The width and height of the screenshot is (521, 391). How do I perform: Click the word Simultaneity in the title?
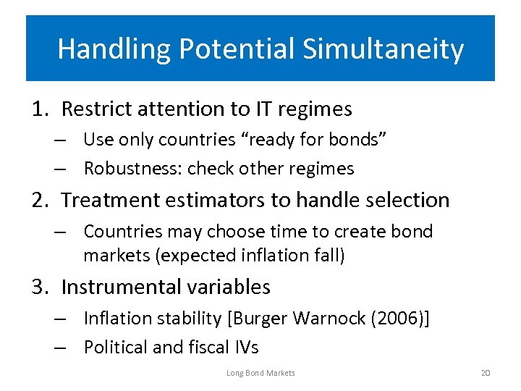coord(383,49)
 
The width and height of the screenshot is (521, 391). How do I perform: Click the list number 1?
coord(39,109)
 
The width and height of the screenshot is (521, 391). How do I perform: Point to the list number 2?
coord(39,200)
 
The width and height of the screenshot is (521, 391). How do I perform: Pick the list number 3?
coord(39,287)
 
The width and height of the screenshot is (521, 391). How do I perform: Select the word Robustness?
coord(132,169)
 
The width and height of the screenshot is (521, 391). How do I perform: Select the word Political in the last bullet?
coord(115,348)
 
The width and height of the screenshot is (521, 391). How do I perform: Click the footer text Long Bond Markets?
coord(260,373)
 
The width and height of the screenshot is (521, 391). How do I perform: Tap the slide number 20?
coord(485,373)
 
